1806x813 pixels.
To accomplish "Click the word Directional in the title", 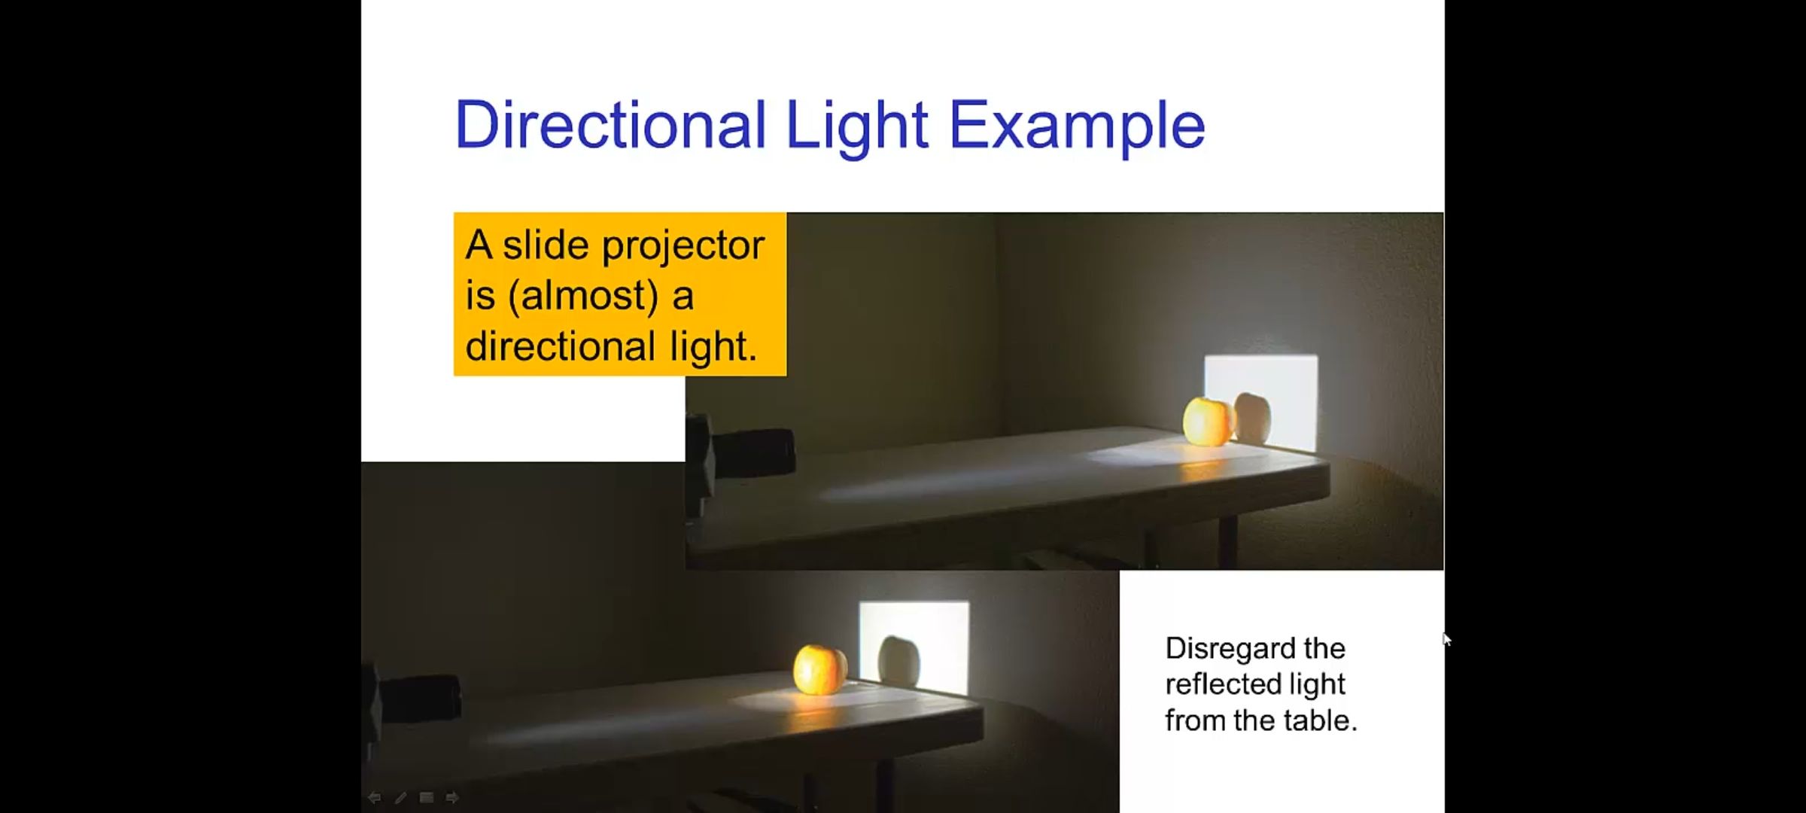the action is coord(610,125).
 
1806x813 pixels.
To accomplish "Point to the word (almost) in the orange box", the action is coord(583,295).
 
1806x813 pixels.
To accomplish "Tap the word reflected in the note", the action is coord(1224,684).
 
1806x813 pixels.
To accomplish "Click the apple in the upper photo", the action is coord(1208,422).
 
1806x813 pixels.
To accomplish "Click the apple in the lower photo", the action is coord(819,668).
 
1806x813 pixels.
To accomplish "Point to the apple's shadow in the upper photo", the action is coord(1252,418).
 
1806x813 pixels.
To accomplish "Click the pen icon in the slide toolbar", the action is coord(400,797).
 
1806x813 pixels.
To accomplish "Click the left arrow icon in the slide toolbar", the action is coord(374,797).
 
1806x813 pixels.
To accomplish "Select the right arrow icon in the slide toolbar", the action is coord(452,797).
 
